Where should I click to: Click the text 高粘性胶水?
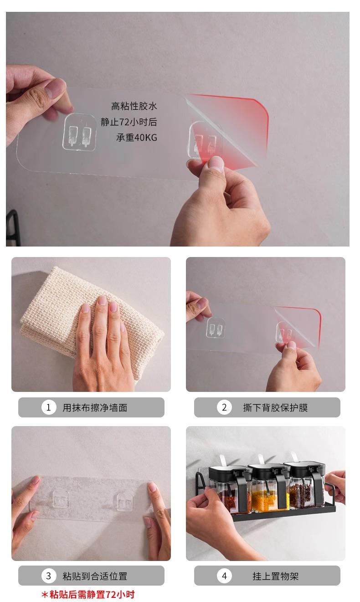tap(134, 106)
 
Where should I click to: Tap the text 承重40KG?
tap(136, 138)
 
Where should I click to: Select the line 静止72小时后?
tap(129, 122)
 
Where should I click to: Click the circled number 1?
tap(49, 407)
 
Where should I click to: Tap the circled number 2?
tap(224, 407)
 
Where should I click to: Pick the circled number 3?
tap(49, 576)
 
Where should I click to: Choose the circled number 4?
tap(224, 576)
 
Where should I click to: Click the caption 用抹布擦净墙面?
tap(95, 408)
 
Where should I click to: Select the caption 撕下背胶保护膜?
tap(275, 408)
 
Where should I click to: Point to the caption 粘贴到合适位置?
tap(95, 576)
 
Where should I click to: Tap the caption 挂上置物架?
tap(275, 576)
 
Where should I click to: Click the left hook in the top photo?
tap(80, 132)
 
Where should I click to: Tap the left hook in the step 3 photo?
tap(60, 499)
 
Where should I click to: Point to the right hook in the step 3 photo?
tap(124, 502)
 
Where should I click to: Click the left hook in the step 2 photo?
tap(216, 328)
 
